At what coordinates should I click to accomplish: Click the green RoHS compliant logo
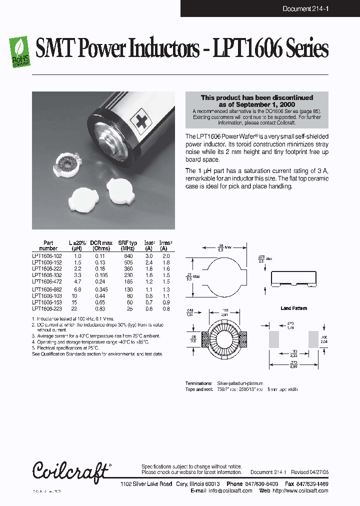tap(20, 51)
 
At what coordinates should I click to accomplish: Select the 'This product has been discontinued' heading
tap(257, 97)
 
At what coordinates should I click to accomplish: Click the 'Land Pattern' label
tap(293, 308)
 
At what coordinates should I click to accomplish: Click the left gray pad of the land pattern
tap(274, 339)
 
